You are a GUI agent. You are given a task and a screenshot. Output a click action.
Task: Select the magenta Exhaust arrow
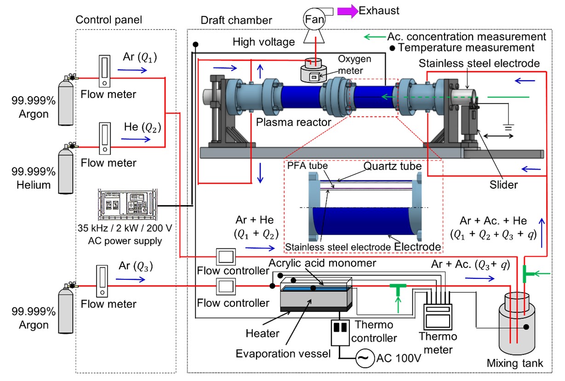point(348,11)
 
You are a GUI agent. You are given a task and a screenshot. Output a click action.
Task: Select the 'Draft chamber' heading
point(236,20)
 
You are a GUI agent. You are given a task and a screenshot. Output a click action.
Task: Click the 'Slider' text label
point(504,185)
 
